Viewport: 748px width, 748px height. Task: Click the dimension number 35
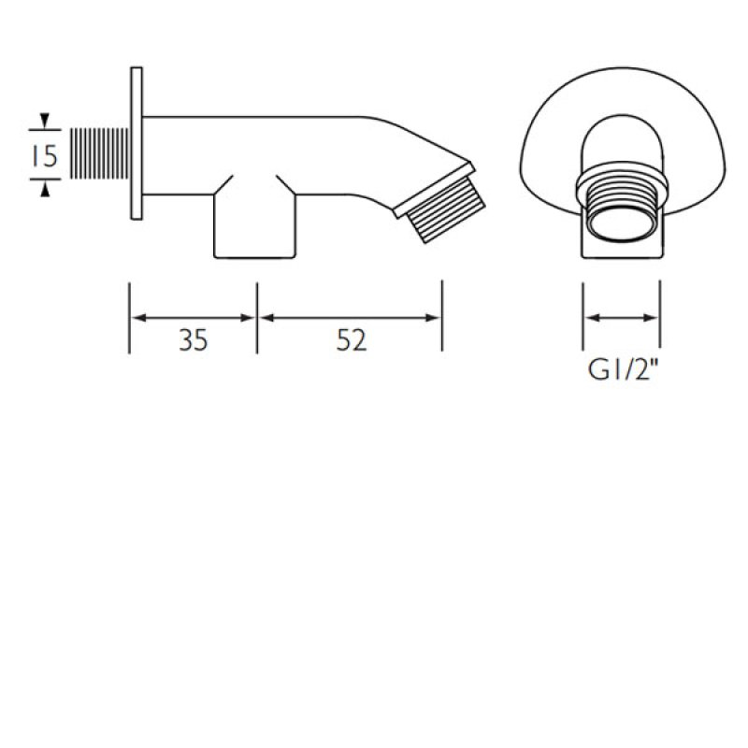click(x=193, y=342)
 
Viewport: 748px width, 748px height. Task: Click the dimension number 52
click(x=351, y=342)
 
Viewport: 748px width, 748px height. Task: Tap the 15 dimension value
click(x=44, y=155)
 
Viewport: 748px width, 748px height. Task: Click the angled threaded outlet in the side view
click(x=444, y=208)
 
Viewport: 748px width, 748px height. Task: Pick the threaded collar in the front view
click(x=622, y=192)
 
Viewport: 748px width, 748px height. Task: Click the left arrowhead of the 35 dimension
click(x=137, y=318)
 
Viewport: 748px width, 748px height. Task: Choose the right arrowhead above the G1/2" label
click(x=654, y=318)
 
